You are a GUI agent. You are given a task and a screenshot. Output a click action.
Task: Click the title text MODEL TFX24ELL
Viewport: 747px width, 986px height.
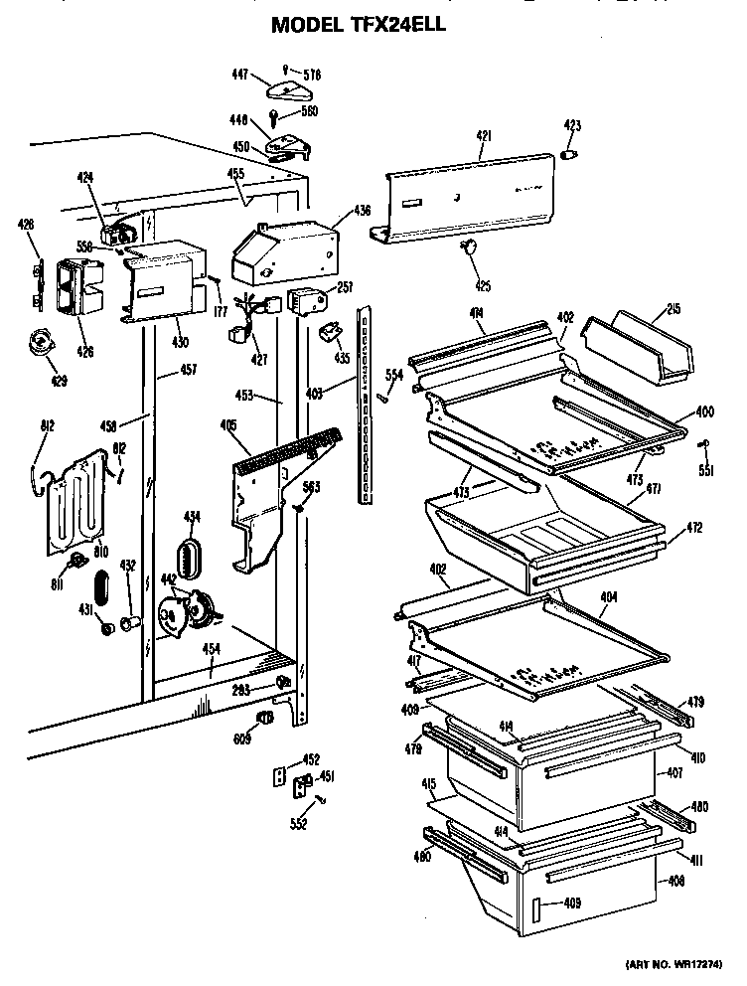(x=359, y=27)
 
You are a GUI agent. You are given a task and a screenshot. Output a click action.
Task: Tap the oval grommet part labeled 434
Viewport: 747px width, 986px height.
(x=190, y=555)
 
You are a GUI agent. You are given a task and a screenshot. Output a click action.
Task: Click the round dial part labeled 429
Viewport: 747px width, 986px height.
(x=42, y=344)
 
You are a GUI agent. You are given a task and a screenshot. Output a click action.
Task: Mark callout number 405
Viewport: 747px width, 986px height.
(x=227, y=425)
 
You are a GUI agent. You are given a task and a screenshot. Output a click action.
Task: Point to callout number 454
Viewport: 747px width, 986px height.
(x=211, y=649)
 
